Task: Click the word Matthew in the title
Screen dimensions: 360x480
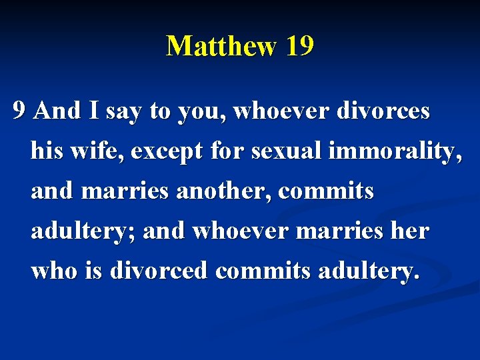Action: tap(221, 47)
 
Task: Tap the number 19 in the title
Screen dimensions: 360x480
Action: tap(299, 47)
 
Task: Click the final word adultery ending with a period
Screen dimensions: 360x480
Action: tap(365, 271)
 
